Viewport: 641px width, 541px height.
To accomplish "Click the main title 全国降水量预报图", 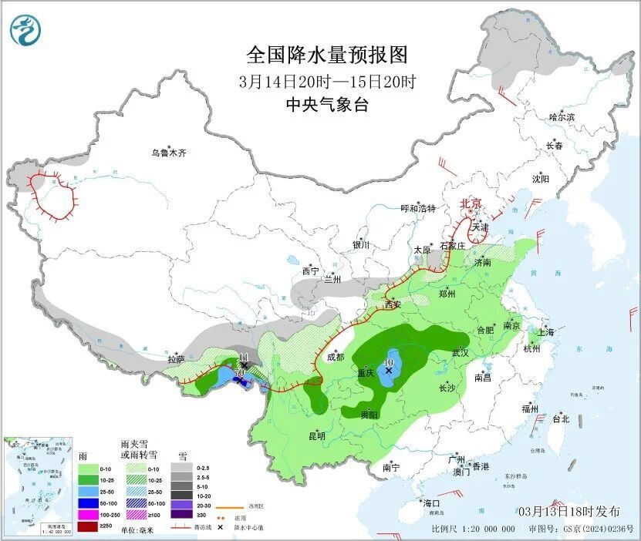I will point(326,56).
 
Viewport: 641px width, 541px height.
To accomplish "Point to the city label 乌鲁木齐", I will point(168,153).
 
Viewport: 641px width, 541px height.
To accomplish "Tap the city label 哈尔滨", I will point(562,117).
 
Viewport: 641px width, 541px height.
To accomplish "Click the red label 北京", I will point(471,203).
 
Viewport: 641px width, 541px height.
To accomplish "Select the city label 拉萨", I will point(176,358).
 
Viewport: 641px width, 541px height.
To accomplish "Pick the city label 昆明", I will point(316,436).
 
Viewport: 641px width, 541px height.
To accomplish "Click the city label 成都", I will point(336,357).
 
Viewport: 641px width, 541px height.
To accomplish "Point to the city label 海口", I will point(431,503).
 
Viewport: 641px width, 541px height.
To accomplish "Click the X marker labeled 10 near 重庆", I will point(389,370).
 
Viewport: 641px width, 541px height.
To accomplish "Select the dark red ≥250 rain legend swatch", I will point(89,526).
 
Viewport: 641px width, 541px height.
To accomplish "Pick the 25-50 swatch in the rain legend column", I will point(89,491).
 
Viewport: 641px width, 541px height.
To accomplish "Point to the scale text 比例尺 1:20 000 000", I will point(474,529).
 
